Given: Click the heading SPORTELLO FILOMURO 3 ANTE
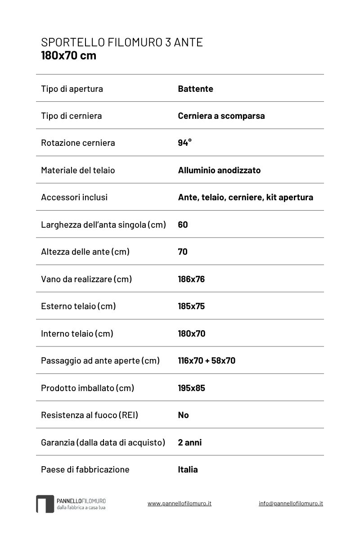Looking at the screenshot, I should point(122,42).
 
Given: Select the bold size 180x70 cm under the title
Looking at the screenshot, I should point(68,56).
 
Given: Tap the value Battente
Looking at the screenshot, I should point(195,89).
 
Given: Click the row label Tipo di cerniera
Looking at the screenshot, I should point(71,116).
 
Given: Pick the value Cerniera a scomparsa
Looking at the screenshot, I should point(221,116).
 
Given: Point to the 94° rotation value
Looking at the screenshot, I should point(184,143).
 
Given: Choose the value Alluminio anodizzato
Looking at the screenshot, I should point(219,170).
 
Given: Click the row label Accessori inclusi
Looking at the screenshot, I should point(74,197).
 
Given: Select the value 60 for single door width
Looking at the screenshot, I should point(183,225).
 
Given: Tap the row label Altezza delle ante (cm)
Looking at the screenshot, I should point(85,252).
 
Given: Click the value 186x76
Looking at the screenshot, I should point(191,279).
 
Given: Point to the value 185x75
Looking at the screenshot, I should point(191,306).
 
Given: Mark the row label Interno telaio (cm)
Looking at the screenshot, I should point(77,333).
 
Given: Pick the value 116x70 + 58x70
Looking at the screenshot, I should point(207,360).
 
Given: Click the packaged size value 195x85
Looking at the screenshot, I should point(191,388).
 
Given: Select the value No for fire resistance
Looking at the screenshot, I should point(183,415).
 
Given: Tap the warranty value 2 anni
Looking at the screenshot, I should point(189,442).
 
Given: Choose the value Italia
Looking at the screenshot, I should point(188,469).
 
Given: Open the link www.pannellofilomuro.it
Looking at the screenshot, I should point(179,504).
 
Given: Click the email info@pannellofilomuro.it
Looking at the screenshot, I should point(291,504).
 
